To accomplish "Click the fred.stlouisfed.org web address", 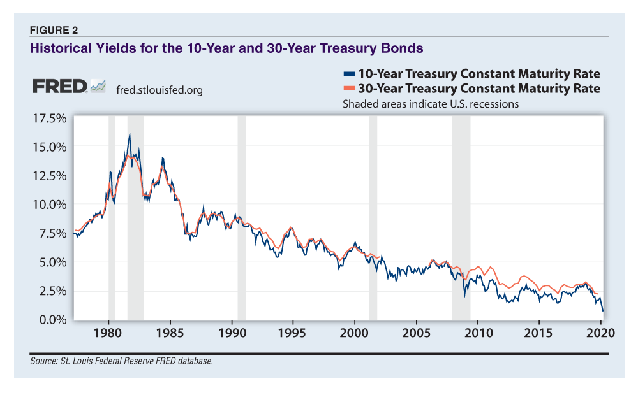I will coord(159,90).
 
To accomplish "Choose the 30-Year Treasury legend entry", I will coord(471,88).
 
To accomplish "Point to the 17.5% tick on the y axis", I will coord(48,118).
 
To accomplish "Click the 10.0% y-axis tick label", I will coord(48,205).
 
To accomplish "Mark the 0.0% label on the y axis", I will coord(51,320).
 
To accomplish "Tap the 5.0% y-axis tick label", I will coord(51,262).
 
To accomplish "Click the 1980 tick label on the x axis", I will coord(108,333).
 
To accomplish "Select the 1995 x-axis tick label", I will coord(293,333).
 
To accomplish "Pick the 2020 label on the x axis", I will coord(600,333).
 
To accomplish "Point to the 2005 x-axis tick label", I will coord(416,333).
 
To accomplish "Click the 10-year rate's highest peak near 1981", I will coord(130,134).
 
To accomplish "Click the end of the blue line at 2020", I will coord(603,310).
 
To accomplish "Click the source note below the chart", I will coord(121,361).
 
